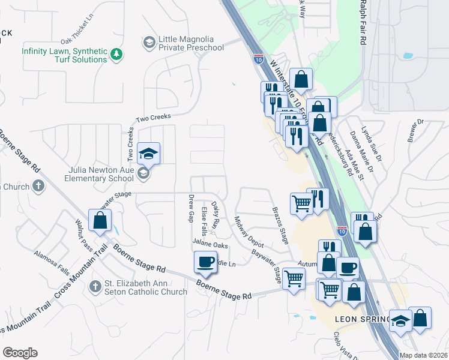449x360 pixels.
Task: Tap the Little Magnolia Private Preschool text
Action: coord(190,43)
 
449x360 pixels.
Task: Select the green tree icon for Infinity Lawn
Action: coord(116,55)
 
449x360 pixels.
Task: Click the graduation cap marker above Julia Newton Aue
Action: coord(148,154)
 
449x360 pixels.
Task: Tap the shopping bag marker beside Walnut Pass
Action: coord(100,221)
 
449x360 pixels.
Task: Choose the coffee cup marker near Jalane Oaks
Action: coord(205,262)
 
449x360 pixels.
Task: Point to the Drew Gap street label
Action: coord(191,207)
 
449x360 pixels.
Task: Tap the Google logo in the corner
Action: coord(20,353)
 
